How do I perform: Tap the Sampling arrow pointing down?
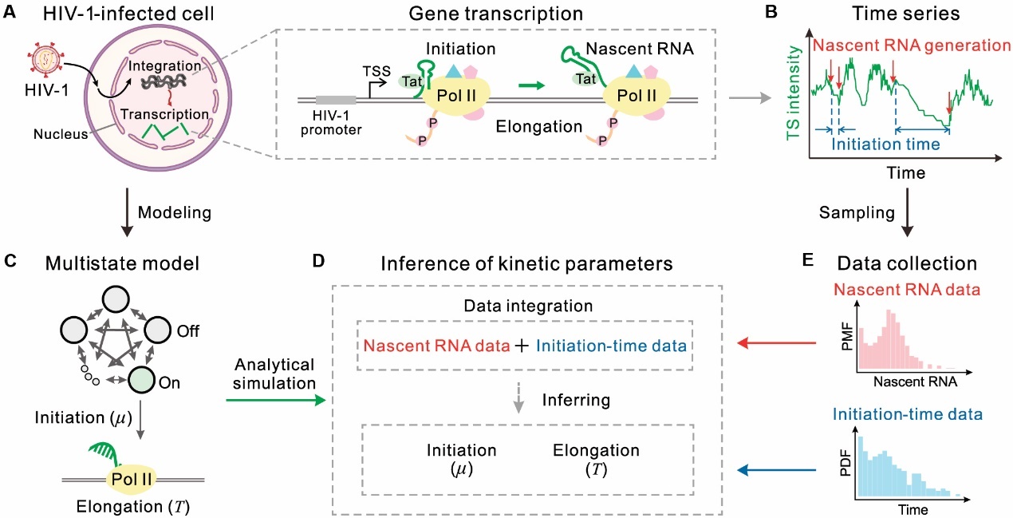[x=908, y=216]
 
